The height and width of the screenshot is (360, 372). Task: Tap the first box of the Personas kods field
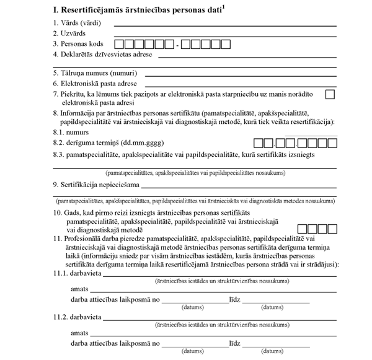pos(120,45)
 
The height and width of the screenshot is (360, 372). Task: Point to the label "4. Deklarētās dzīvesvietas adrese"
pos(103,55)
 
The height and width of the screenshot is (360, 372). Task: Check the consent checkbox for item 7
pos(329,94)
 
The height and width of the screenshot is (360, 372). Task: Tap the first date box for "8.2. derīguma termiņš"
pos(259,144)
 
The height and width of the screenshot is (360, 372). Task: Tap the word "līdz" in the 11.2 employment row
pos(234,343)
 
